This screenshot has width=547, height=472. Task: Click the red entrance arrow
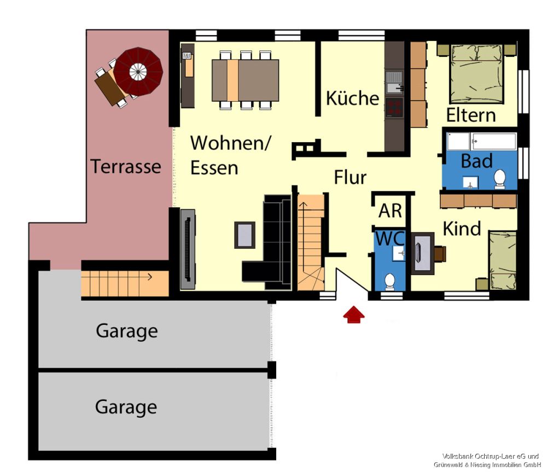coord(354,314)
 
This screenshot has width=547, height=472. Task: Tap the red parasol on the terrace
coord(138,72)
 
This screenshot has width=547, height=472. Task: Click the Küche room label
coord(352,98)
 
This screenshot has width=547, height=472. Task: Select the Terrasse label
coord(126,166)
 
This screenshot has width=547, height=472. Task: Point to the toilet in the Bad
coord(500,179)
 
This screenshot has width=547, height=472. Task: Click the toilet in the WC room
coord(389,282)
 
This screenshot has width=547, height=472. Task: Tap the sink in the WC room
coord(399,253)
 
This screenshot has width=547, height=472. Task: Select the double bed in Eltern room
coord(477,74)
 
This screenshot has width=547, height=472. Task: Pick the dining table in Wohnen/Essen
coord(245,80)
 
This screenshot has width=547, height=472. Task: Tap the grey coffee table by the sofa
coord(245,235)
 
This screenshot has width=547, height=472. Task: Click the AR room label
coord(391,211)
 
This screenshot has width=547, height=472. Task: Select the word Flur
coord(350,177)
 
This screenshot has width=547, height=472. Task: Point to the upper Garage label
coord(127,331)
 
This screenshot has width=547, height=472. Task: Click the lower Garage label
coord(126,407)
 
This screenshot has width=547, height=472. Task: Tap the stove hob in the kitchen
coord(394,107)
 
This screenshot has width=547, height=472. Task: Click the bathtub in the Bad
coord(482,141)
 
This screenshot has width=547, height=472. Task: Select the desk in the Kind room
coord(423,253)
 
